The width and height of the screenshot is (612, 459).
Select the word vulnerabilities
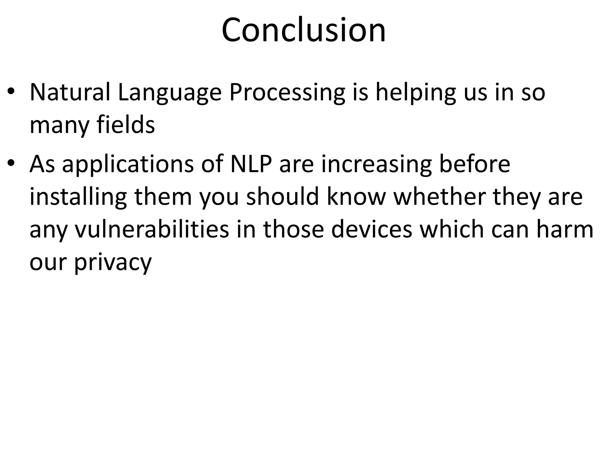pyautogui.click(x=152, y=229)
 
